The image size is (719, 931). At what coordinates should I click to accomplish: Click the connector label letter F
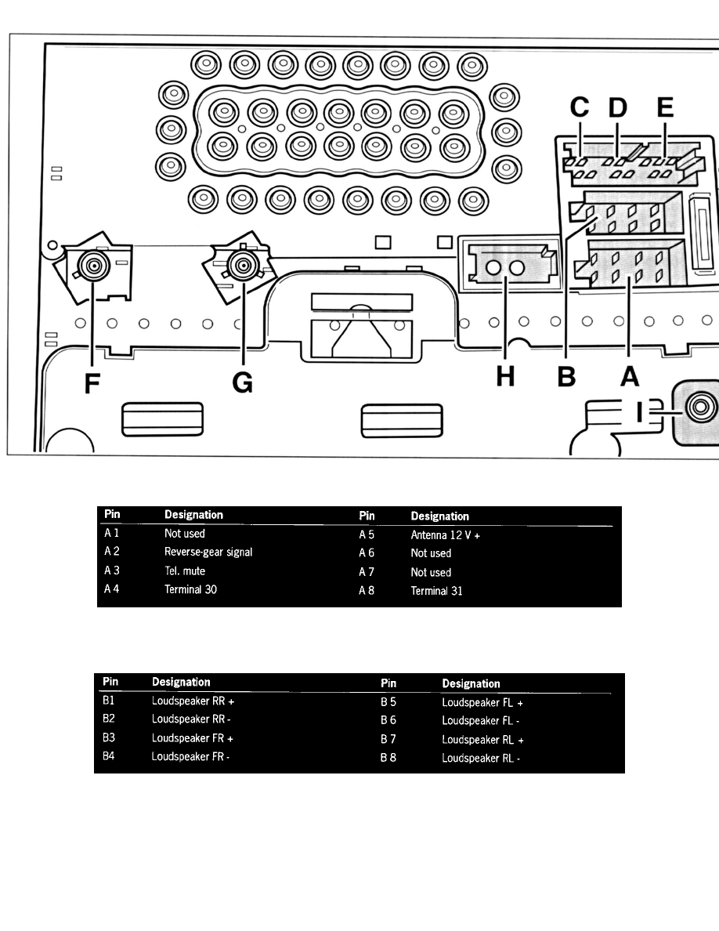[92, 383]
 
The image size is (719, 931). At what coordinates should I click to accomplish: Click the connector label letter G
[243, 383]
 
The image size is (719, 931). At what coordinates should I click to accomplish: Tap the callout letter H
[505, 376]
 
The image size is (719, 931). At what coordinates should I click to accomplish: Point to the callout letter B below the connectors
[566, 376]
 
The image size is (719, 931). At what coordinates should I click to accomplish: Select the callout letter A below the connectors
[630, 376]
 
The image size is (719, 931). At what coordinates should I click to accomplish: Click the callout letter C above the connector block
[580, 107]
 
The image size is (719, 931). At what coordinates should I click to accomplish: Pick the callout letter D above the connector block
[617, 107]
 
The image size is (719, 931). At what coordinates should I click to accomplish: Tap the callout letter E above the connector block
[665, 107]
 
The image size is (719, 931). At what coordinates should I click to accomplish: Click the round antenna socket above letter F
[93, 266]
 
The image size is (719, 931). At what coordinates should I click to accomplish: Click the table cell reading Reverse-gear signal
[208, 552]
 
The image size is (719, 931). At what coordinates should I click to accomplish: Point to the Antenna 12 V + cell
[446, 535]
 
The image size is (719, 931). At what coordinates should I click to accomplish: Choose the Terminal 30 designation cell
[190, 589]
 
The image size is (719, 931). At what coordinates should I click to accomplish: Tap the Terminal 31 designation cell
[436, 591]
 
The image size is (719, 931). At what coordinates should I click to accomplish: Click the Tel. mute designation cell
[185, 571]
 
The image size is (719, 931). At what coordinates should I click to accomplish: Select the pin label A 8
[367, 591]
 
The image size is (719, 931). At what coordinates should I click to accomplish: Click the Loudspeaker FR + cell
[192, 738]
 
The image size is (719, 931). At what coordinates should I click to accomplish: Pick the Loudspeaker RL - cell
[481, 759]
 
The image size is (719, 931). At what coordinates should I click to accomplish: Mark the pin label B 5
[388, 702]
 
